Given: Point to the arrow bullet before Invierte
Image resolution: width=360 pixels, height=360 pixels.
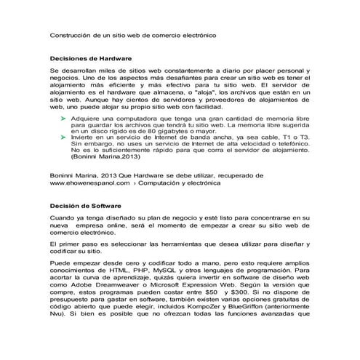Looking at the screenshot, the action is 64,136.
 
